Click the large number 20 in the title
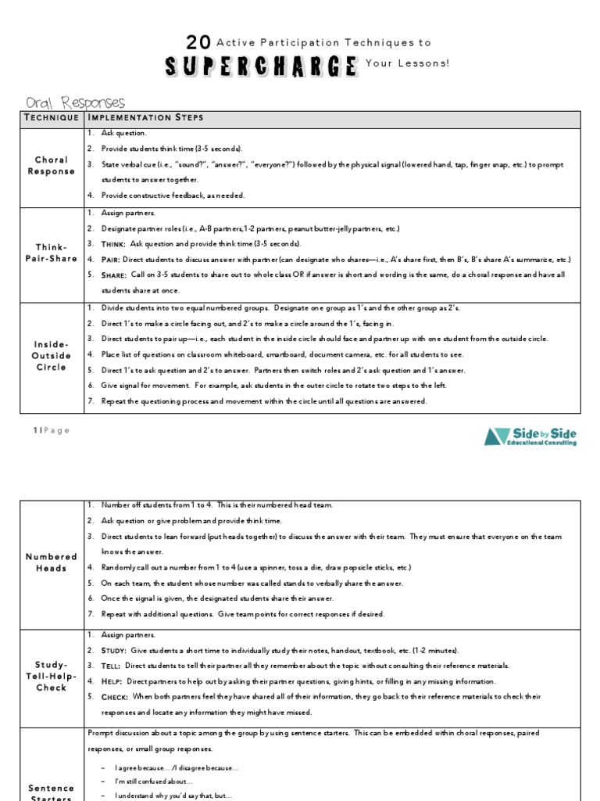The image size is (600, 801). click(x=198, y=43)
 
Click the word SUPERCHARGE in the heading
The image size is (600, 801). click(x=261, y=66)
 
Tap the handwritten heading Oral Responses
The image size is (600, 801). click(x=75, y=102)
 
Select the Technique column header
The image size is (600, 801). click(x=52, y=118)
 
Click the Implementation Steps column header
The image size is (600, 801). click(x=146, y=118)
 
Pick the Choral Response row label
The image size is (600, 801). click(x=52, y=166)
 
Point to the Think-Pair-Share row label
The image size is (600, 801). click(x=52, y=253)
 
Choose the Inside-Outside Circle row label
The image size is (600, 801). click(x=52, y=356)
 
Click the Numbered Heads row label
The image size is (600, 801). click(x=52, y=562)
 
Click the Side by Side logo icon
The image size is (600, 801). click(x=497, y=436)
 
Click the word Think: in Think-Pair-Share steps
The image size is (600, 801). click(x=114, y=244)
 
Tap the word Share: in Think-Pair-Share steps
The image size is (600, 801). click(x=115, y=275)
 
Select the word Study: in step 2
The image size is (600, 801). click(x=115, y=651)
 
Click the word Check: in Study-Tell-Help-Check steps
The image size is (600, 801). click(x=116, y=696)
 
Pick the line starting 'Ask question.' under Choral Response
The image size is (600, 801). click(x=124, y=134)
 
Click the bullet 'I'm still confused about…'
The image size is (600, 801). click(x=154, y=781)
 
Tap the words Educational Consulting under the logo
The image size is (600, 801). click(x=544, y=444)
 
